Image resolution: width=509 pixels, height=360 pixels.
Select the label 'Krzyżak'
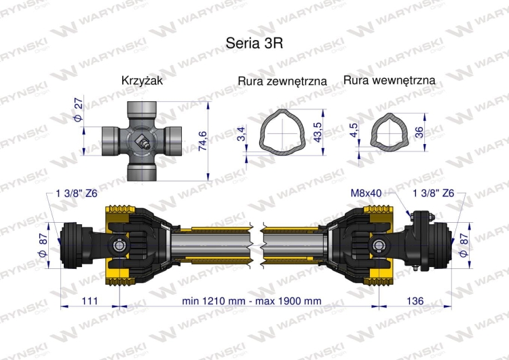[142, 80]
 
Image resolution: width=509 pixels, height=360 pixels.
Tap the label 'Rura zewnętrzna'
[282, 81]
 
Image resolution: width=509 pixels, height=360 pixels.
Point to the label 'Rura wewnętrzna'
[389, 80]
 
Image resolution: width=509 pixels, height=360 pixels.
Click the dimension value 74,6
[201, 141]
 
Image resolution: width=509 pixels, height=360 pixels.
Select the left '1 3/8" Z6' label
[78, 193]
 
